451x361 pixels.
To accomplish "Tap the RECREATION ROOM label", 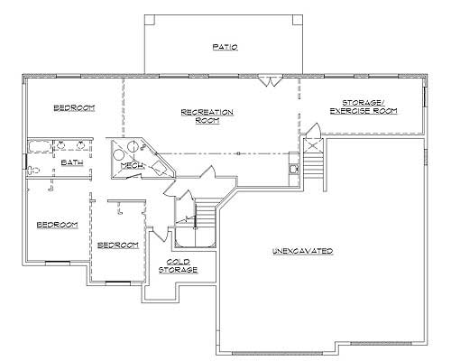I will (207, 116).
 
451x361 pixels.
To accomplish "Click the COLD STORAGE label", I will (173, 265).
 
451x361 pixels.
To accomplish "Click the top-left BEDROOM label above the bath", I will (74, 108).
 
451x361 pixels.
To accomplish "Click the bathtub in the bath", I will (41, 145).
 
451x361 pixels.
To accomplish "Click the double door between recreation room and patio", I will (266, 82).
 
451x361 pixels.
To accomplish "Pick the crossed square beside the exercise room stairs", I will (311, 143).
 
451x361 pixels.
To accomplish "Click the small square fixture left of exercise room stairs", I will (293, 167).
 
